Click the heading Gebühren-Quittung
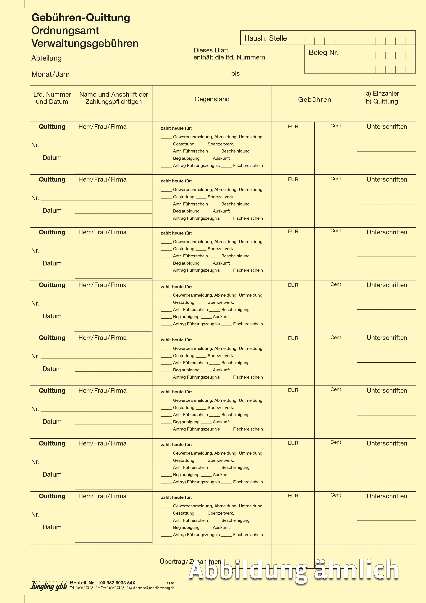tap(81, 18)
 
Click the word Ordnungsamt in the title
tap(65, 30)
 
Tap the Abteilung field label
tap(46, 58)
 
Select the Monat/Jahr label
tap(50, 74)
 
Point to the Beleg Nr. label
tap(323, 52)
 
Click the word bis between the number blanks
tap(235, 74)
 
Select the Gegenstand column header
tap(212, 99)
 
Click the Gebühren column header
tap(315, 100)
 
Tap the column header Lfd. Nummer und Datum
tap(52, 98)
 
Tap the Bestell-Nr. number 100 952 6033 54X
tap(116, 583)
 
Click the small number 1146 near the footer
tap(170, 583)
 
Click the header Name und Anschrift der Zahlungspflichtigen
tap(114, 98)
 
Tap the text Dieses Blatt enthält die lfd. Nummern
tap(229, 54)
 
